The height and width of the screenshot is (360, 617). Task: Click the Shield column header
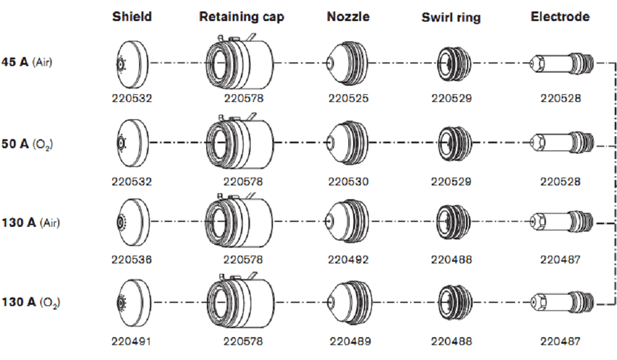(132, 16)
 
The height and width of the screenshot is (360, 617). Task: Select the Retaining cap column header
(242, 17)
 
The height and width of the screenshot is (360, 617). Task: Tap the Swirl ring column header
(451, 17)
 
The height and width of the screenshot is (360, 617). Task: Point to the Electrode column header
(560, 16)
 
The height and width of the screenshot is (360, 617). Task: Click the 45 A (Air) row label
(26, 62)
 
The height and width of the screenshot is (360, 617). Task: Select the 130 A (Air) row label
(31, 223)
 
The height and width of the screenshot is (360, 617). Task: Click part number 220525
(348, 98)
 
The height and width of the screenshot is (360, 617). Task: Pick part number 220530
(348, 181)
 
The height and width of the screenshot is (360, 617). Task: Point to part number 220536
(131, 260)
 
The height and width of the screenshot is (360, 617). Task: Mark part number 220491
(131, 341)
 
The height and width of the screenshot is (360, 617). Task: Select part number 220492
(348, 260)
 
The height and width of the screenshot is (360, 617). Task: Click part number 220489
(350, 341)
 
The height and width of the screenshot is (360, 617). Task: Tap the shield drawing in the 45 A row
(131, 62)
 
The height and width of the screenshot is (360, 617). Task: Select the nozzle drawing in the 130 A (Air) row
(347, 222)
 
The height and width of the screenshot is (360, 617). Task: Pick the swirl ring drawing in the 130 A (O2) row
(451, 301)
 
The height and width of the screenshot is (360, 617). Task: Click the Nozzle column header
(348, 16)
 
